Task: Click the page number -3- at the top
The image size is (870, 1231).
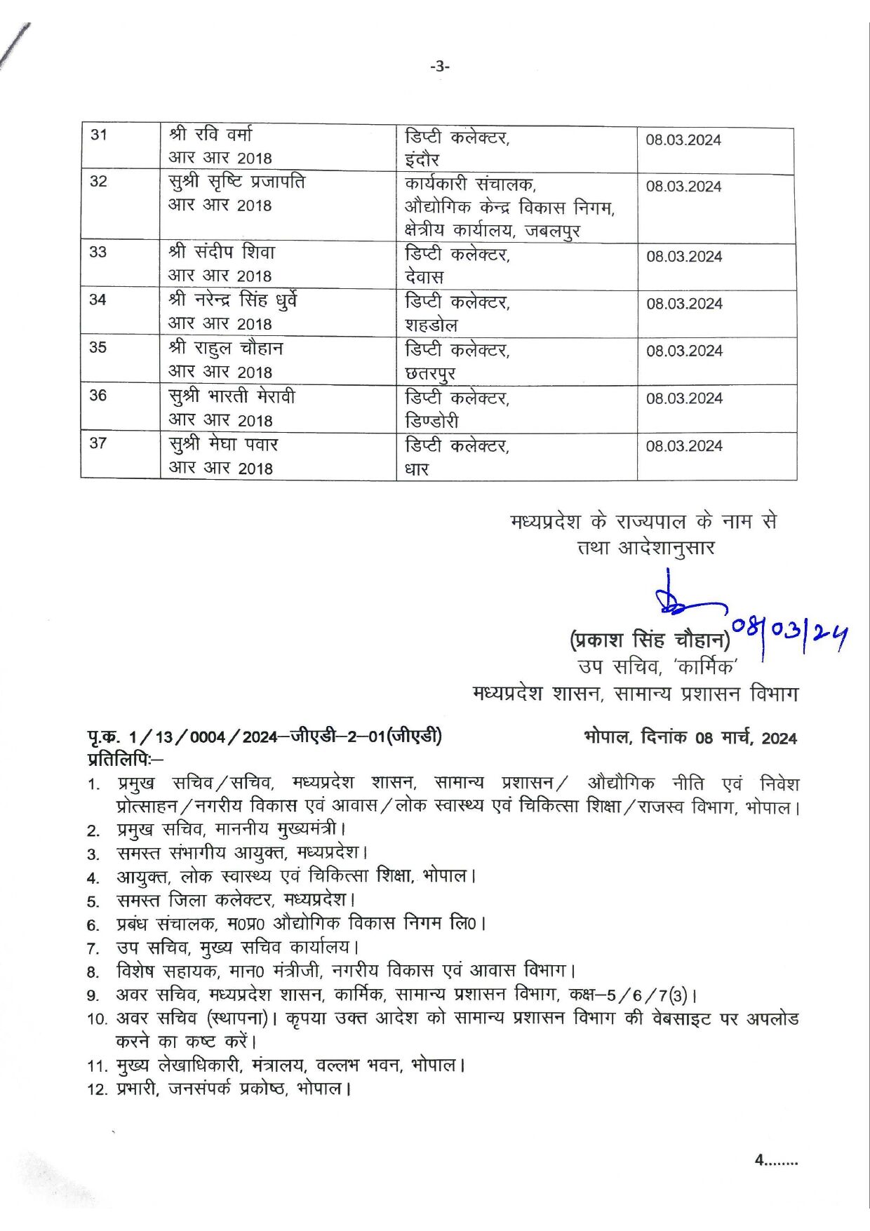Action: click(x=440, y=67)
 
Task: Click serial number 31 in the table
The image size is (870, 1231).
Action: click(x=99, y=134)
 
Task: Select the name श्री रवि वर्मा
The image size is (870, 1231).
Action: click(x=210, y=134)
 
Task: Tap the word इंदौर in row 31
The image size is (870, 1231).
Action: click(x=422, y=160)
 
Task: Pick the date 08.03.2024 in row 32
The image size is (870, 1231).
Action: click(x=683, y=187)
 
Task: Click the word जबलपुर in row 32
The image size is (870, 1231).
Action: click(x=552, y=231)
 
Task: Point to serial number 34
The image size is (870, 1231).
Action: click(x=98, y=300)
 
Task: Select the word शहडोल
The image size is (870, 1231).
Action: click(x=431, y=325)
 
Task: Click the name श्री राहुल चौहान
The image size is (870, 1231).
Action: click(x=226, y=348)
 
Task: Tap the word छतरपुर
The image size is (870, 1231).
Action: click(x=430, y=374)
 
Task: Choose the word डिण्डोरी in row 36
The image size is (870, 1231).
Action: click(x=431, y=421)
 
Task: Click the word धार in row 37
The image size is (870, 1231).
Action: click(x=417, y=469)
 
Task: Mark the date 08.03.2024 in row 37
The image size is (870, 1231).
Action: click(x=684, y=446)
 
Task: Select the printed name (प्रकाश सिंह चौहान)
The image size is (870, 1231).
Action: click(x=650, y=640)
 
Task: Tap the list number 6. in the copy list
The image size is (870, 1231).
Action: click(x=93, y=925)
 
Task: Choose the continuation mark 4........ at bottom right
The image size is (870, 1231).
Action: click(x=776, y=1160)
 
